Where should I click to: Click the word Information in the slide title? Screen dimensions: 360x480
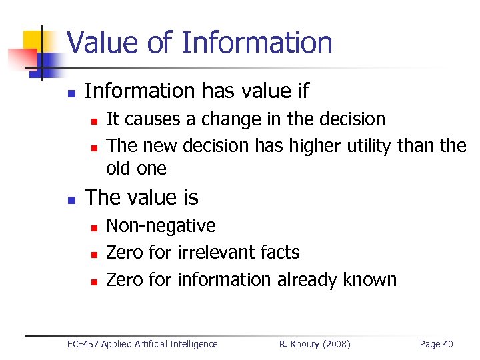pos(257,43)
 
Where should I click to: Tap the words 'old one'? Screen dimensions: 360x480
pos(136,169)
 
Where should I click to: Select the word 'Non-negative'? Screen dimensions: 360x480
pos(161,226)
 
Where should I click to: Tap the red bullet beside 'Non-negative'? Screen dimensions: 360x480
pos(94,227)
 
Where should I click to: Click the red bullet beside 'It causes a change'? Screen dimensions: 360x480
pos(94,121)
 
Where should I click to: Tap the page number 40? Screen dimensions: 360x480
pos(447,344)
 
